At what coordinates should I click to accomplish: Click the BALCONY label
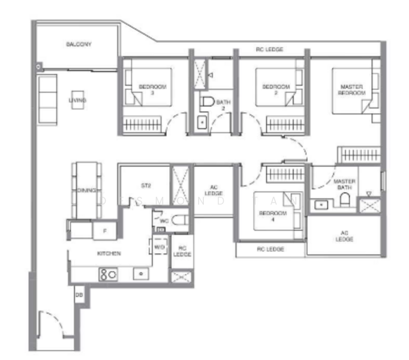point(79,44)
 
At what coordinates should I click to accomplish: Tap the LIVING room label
point(77,100)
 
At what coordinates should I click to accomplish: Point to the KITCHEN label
point(109,254)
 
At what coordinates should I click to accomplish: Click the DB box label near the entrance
point(79,295)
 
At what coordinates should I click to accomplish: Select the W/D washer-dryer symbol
point(158,246)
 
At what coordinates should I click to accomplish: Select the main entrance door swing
point(47,327)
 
